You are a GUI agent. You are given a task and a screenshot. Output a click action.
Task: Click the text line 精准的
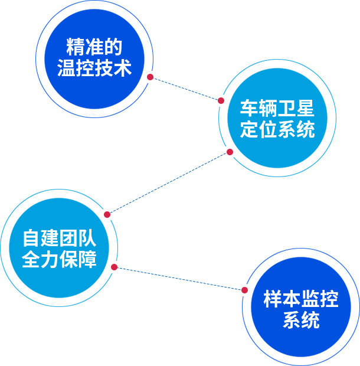click(x=94, y=48)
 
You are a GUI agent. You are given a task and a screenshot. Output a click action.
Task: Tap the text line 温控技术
click(x=94, y=68)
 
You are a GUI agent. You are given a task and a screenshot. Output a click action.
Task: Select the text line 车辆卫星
click(x=277, y=109)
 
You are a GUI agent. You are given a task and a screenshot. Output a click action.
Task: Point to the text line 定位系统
click(x=277, y=129)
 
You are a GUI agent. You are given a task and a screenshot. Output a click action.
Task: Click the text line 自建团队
click(x=59, y=238)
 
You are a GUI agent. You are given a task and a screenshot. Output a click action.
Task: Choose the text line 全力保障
click(x=59, y=260)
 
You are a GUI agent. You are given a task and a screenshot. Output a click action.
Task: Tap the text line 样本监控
click(x=301, y=299)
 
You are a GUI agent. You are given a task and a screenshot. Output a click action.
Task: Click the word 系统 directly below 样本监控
click(x=301, y=321)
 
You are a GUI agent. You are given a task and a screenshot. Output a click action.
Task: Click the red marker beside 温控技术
click(x=150, y=76)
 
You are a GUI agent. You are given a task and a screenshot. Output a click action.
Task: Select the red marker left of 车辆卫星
click(x=221, y=100)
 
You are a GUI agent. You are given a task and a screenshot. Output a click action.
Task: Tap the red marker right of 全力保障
click(x=114, y=267)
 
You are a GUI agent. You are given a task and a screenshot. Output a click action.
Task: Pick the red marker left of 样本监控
click(x=245, y=289)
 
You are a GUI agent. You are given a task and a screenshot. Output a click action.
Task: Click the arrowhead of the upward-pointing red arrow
click(x=230, y=151)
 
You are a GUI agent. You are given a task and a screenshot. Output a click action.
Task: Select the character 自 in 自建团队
click(x=31, y=238)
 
